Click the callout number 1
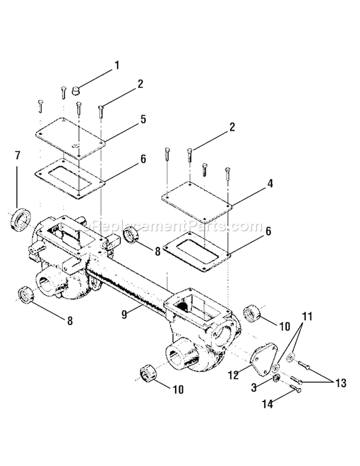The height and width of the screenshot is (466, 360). pos(116,65)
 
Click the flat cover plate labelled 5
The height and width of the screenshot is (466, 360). pos(70,137)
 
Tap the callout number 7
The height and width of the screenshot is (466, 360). pos(18,156)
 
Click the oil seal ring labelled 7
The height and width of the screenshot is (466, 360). pos(20,220)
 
